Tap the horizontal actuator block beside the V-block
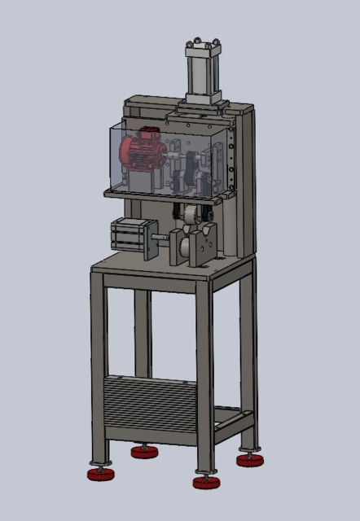tap(130, 237)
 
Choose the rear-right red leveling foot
tap(248, 460)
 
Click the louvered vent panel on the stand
tap(151, 407)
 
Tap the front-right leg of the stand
tap(204, 374)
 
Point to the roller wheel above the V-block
tap(190, 218)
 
